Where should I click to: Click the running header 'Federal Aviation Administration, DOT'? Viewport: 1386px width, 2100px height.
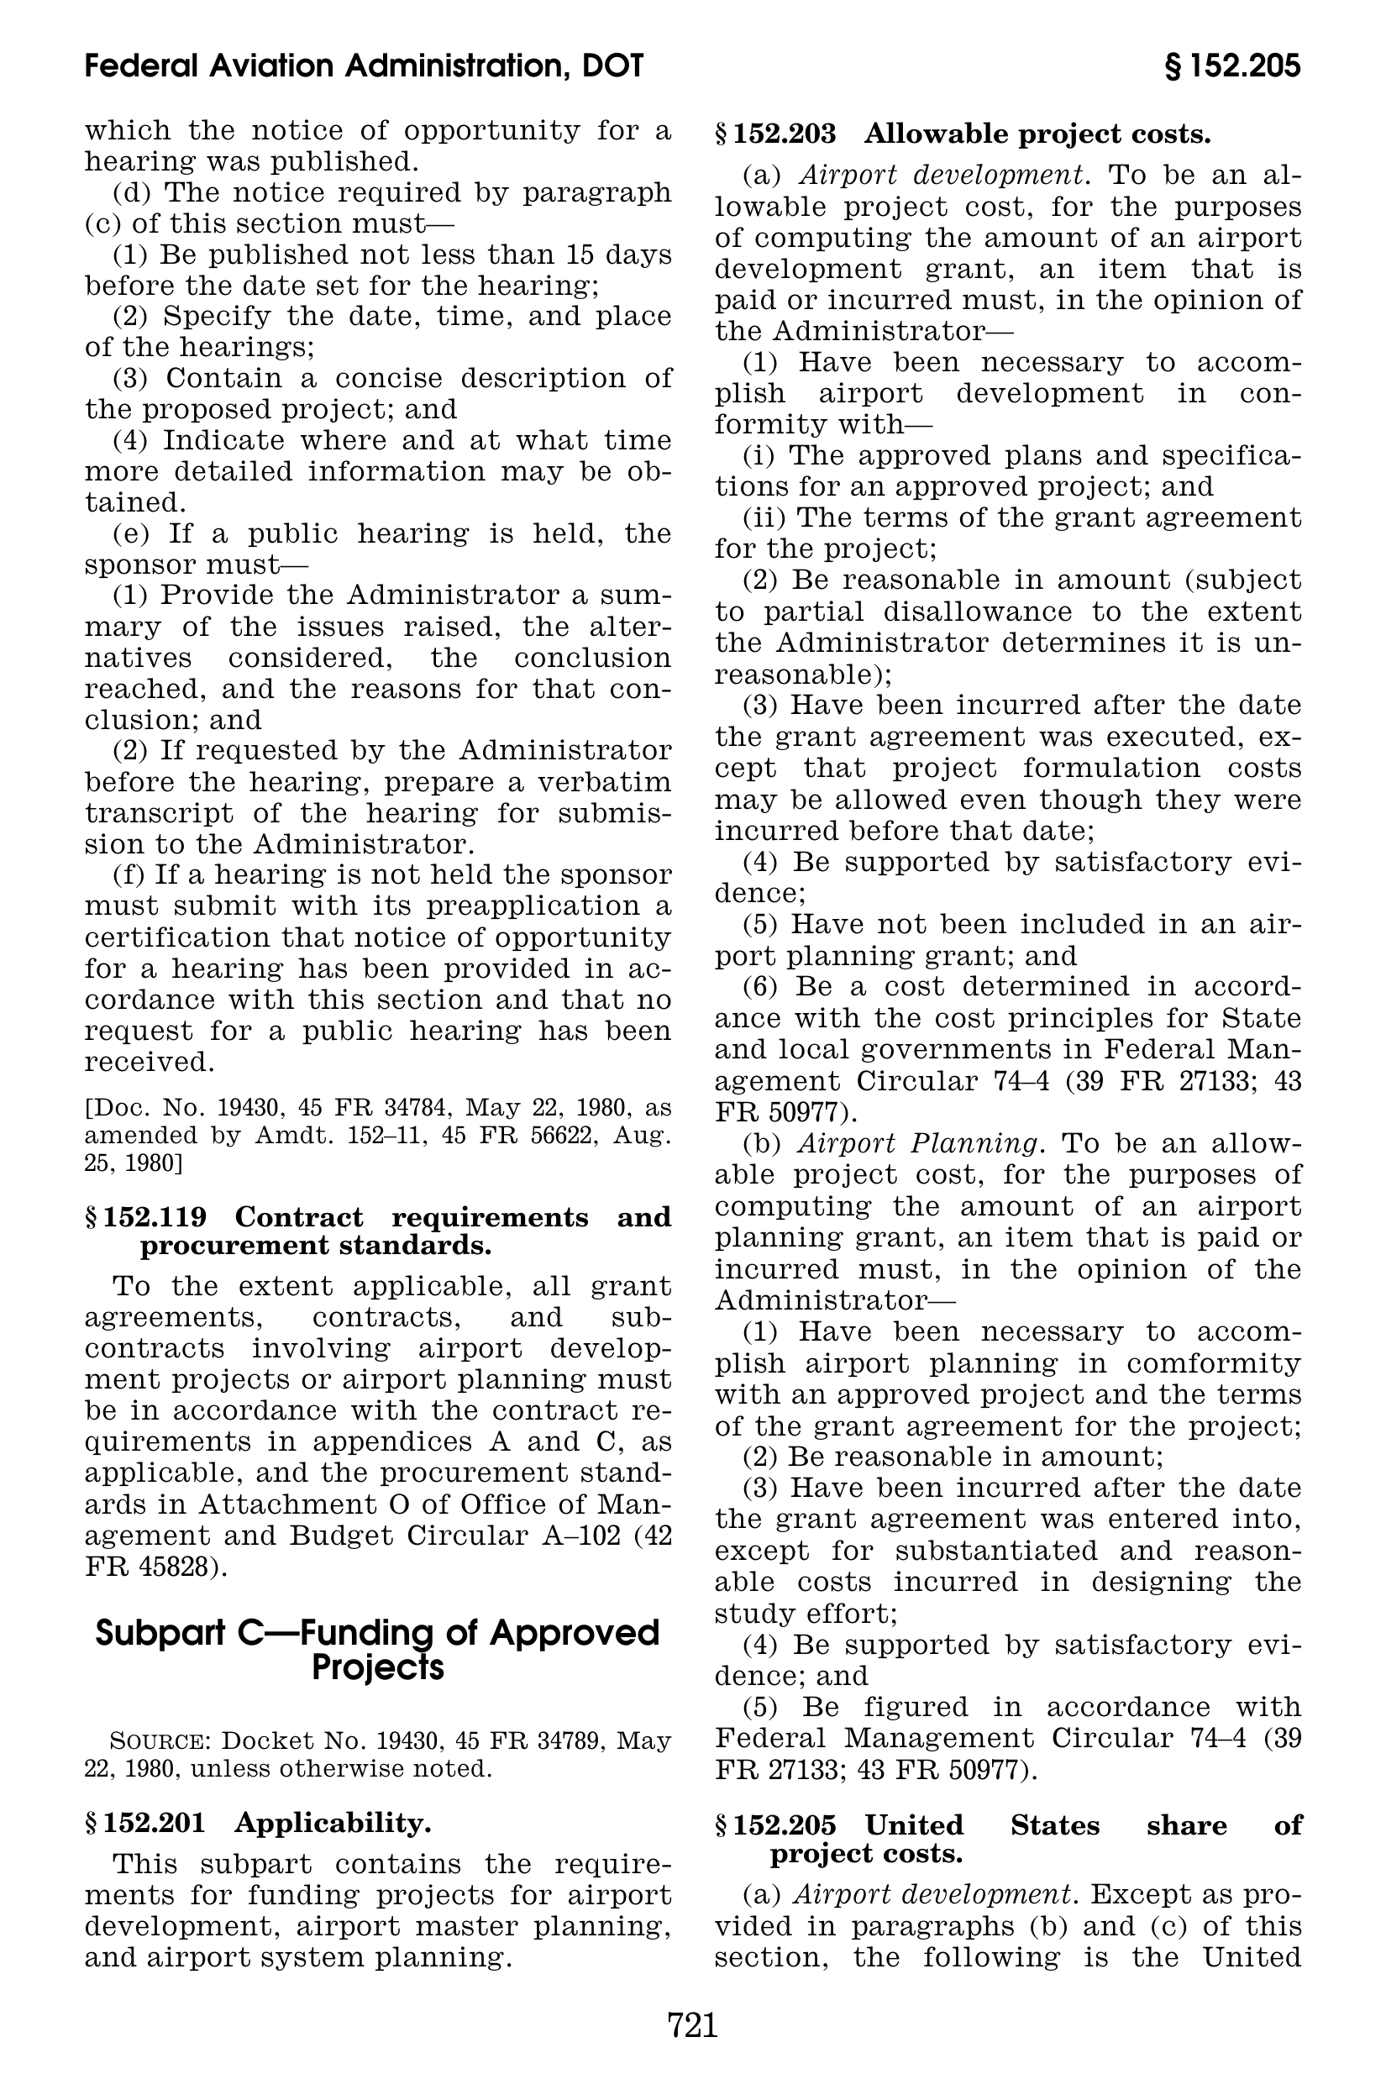(x=365, y=66)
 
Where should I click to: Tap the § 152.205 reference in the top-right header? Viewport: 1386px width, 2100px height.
(x=1232, y=66)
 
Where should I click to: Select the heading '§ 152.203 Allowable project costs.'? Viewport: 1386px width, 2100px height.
(x=963, y=134)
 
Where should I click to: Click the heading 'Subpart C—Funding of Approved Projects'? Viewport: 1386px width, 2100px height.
(x=377, y=1649)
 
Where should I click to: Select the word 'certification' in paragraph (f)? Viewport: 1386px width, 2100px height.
(x=174, y=937)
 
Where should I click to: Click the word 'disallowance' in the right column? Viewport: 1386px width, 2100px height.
(x=987, y=611)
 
